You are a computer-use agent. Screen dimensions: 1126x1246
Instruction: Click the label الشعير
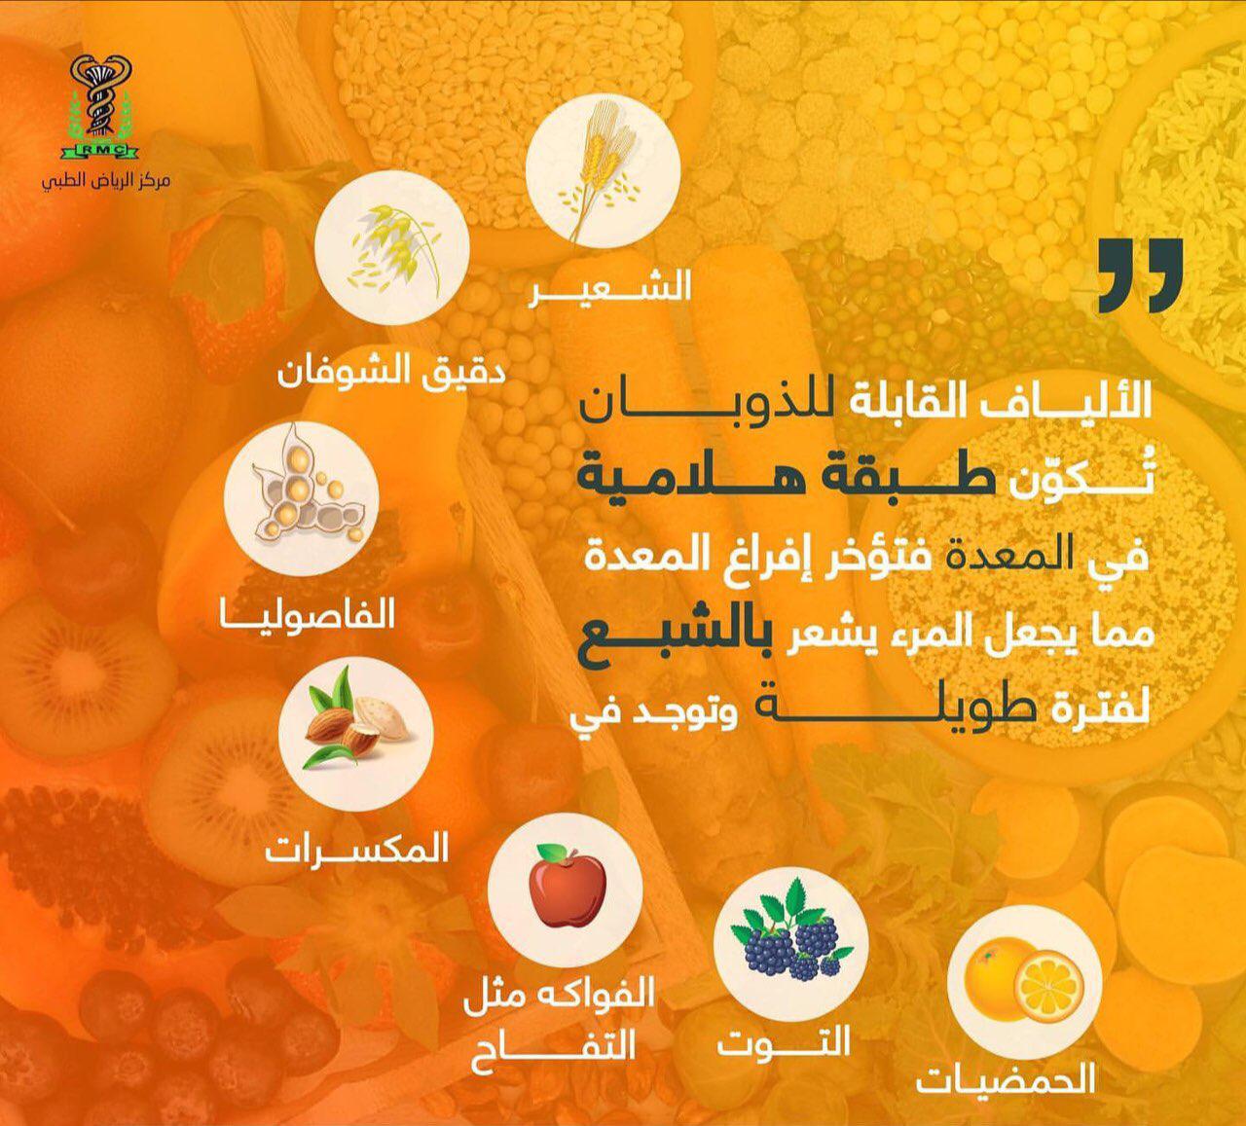(611, 287)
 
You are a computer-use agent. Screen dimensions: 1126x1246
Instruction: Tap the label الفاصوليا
(309, 615)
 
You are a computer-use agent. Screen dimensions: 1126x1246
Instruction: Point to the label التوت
(785, 1042)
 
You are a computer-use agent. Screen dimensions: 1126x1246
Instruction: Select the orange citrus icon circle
(1022, 976)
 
